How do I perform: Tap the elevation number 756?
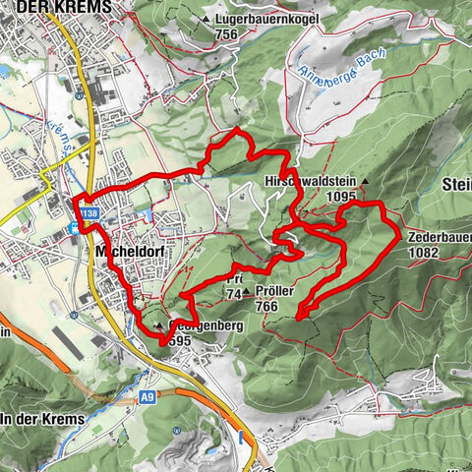coord(228,33)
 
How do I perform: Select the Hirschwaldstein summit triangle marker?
coord(364,181)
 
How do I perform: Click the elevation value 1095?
coord(349,197)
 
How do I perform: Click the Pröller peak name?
coord(274,292)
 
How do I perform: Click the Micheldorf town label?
coord(129,252)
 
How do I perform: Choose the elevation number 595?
coord(178,339)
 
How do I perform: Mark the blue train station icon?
coord(75,228)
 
